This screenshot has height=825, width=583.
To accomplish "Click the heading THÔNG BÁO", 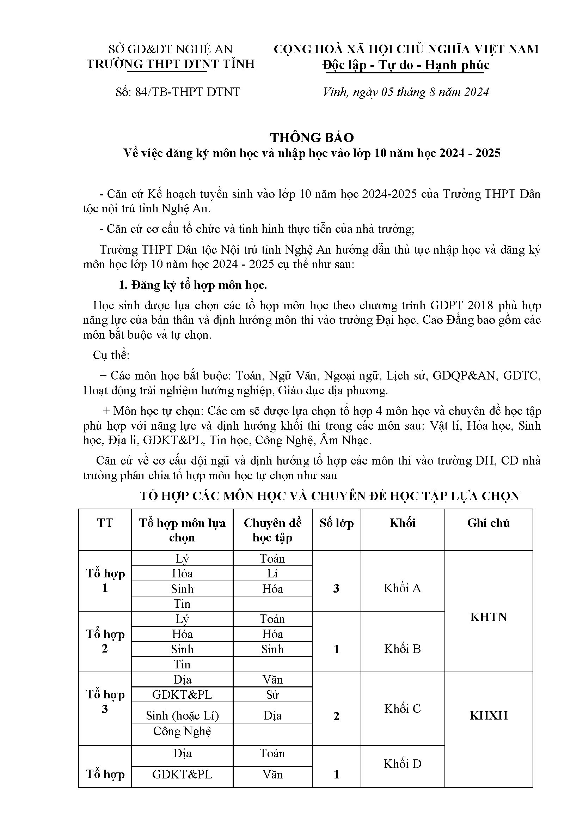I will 312,138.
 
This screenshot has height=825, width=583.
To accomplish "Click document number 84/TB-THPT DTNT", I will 178,92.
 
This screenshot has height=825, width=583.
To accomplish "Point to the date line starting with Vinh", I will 406,92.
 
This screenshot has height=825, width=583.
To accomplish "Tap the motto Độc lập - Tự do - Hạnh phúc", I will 406,65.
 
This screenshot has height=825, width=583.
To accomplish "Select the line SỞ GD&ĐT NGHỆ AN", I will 171,49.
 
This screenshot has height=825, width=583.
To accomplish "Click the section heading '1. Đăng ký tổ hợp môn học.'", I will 193,285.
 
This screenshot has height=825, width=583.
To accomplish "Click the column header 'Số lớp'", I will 336,523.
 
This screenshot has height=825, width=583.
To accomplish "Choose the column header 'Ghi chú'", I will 488,523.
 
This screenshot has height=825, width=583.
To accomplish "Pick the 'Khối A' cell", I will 402,588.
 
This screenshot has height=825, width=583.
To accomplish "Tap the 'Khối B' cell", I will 402,649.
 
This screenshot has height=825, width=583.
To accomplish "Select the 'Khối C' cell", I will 402,709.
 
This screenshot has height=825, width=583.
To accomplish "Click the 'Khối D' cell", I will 402,764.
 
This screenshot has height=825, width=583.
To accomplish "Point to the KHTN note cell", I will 488,617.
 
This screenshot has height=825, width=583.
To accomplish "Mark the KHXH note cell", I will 488,715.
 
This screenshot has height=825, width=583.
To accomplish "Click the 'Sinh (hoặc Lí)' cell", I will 182,716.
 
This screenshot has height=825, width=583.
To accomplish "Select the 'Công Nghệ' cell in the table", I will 182,731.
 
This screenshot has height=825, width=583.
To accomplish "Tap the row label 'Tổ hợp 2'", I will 105,641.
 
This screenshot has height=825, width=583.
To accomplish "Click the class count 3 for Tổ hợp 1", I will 336,589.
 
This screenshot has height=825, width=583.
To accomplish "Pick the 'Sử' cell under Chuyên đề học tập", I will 272,694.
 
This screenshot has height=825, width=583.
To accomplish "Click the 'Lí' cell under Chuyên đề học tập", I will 272,574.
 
